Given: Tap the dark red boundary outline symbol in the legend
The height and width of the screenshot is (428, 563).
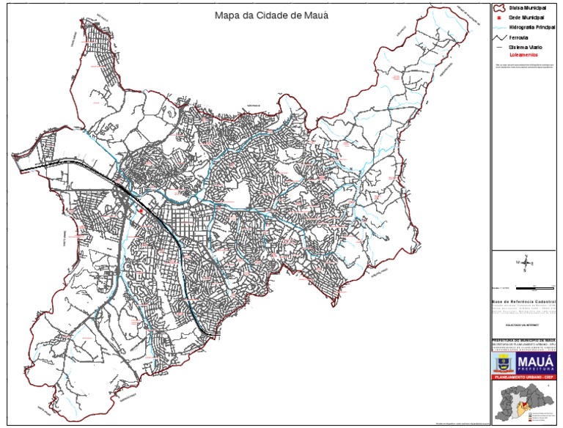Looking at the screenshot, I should [501, 7].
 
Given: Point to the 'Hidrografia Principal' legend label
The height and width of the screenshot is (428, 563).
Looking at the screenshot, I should [533, 26].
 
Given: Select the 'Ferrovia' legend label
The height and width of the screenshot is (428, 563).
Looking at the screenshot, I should [519, 36].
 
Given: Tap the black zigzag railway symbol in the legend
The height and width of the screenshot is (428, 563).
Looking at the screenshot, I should [501, 36].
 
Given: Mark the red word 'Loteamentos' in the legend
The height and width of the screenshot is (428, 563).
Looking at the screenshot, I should [524, 54].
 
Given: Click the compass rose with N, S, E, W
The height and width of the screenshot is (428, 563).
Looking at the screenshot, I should [525, 262].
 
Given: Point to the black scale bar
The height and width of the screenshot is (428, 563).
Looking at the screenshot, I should [535, 286].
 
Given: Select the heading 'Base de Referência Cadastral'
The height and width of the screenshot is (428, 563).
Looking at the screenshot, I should [524, 300].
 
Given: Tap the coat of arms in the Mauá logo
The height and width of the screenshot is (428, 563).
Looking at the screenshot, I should [506, 363].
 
